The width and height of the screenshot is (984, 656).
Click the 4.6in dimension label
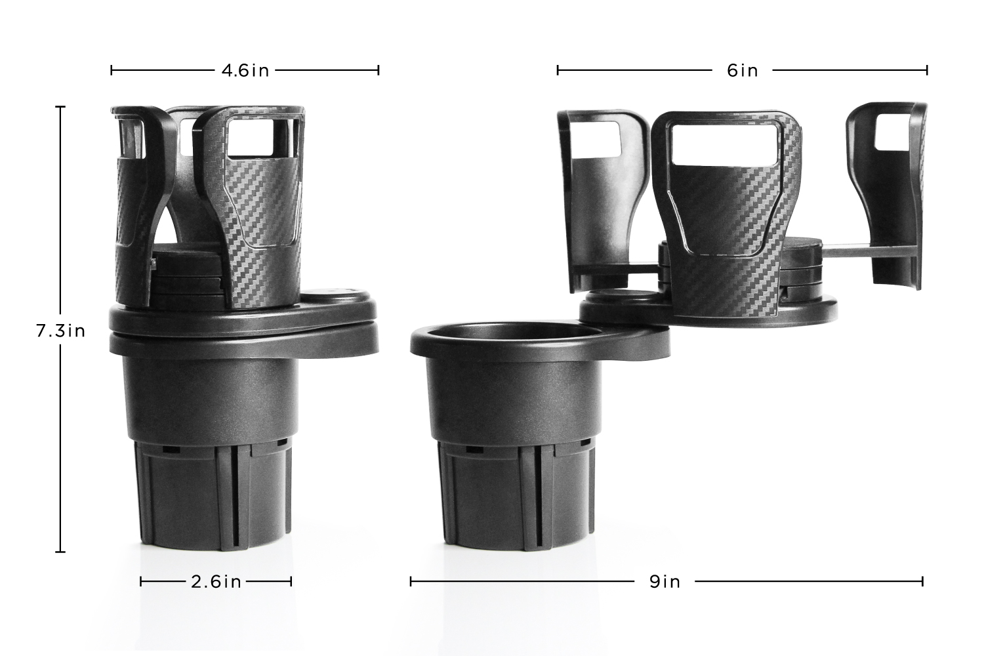coord(245,70)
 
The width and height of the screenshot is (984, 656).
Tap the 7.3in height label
coord(60,331)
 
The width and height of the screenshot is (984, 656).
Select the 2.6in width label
coord(216,581)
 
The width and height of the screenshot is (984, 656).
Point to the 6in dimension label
coord(742,70)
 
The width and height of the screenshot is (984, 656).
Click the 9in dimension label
coord(665,581)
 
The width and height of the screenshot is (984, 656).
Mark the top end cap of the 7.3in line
coord(60,107)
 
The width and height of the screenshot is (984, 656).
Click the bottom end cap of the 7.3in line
coord(60,552)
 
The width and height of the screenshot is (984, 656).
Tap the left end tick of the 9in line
coord(411,581)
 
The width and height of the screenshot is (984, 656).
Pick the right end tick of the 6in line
coord(927,70)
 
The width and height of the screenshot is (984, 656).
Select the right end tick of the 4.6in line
coord(379,70)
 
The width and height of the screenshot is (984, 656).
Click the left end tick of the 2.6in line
coord(141,581)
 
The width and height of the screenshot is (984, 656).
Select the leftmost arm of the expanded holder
coord(597,197)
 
